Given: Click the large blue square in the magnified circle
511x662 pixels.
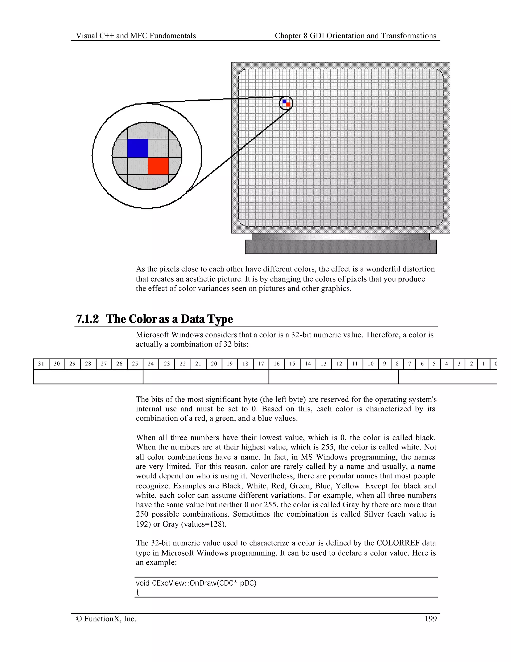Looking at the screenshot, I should pos(137,148).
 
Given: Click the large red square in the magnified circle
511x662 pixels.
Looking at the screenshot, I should pos(158,166).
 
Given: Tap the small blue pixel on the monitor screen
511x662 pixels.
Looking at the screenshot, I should pos(284,101).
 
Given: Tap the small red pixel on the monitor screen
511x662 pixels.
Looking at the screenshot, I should pos(288,105).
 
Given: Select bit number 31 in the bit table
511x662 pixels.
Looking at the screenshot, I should pos(41,364).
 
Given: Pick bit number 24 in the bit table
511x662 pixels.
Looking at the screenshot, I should pos(151,364).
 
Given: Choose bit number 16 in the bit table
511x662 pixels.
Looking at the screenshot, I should pos(277,364).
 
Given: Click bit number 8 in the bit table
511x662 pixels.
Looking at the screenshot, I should pos(397,364).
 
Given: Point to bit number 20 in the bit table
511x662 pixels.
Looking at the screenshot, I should pos(214,364).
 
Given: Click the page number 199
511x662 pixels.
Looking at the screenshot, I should pos(430,619).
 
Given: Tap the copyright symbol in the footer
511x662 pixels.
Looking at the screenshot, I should pos(79,619).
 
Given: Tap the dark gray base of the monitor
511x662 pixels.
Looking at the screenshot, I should pos(341,247).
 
